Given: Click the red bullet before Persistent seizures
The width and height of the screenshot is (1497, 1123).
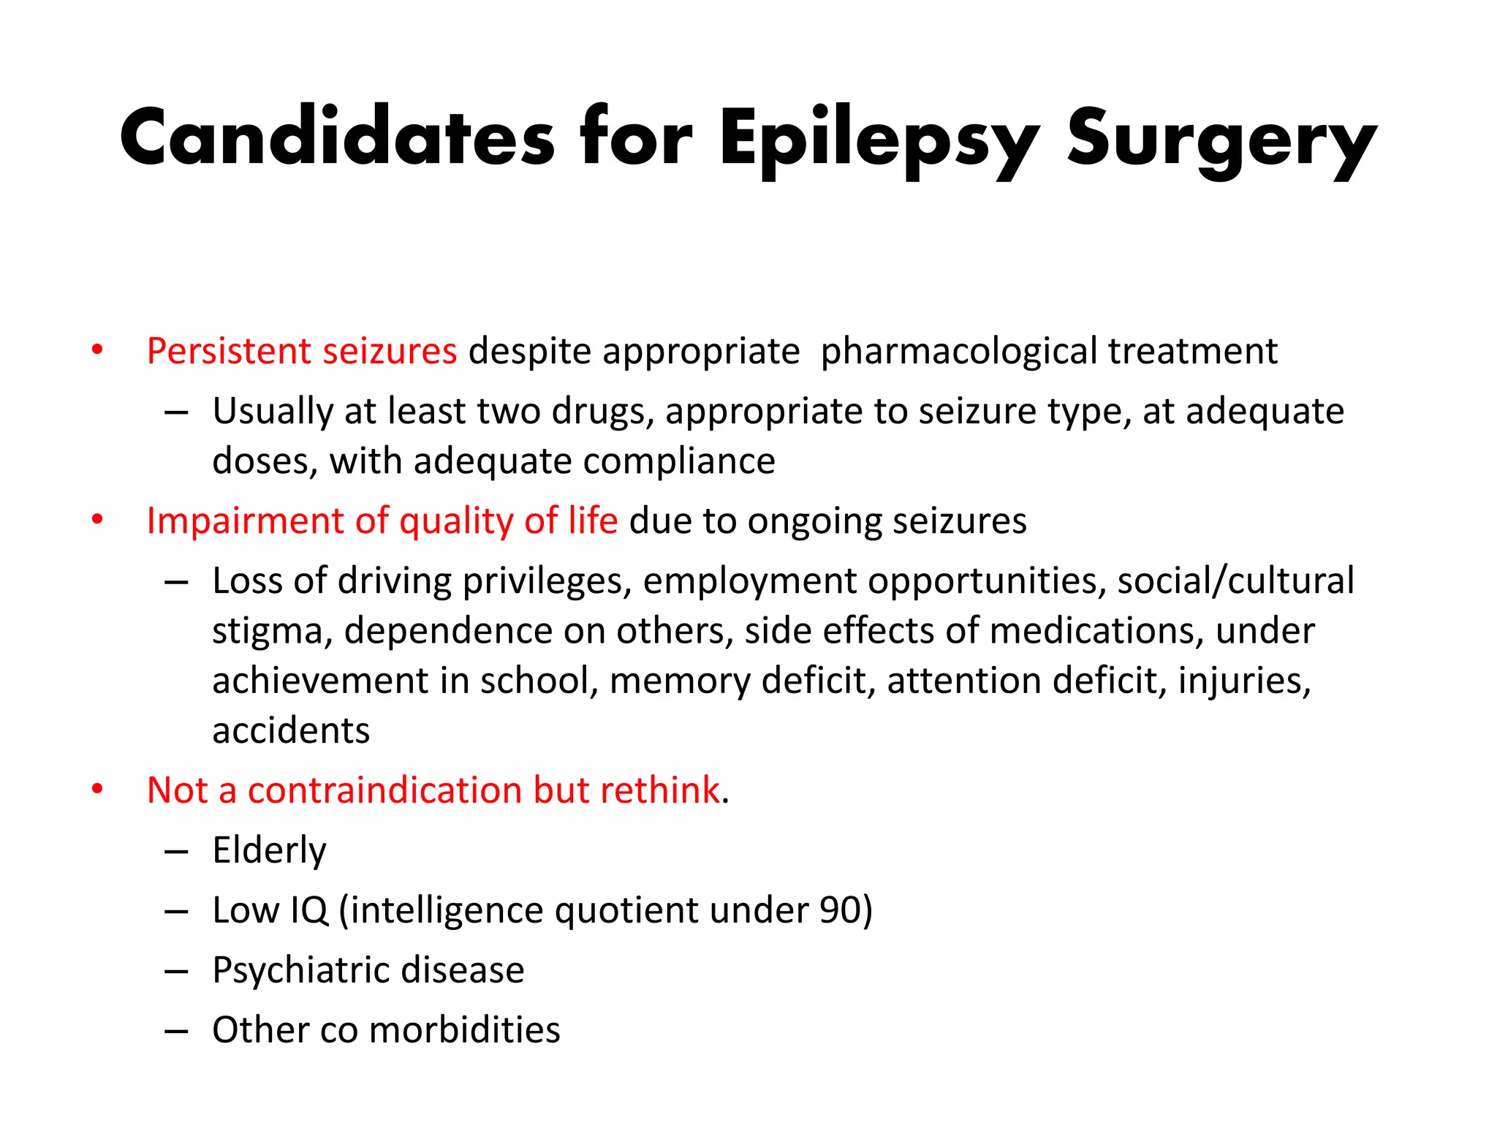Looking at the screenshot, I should tap(97, 349).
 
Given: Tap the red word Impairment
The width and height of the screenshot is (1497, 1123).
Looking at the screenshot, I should tap(246, 521).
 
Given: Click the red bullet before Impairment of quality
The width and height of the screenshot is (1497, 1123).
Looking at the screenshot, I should tap(97, 519).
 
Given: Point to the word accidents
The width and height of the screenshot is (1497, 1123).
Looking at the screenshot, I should tap(291, 730).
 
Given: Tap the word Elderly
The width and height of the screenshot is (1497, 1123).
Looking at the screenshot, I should tap(269, 850).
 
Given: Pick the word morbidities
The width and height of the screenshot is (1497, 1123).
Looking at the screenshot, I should tap(464, 1030).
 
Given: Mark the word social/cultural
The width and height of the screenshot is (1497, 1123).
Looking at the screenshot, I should tap(1235, 581).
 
